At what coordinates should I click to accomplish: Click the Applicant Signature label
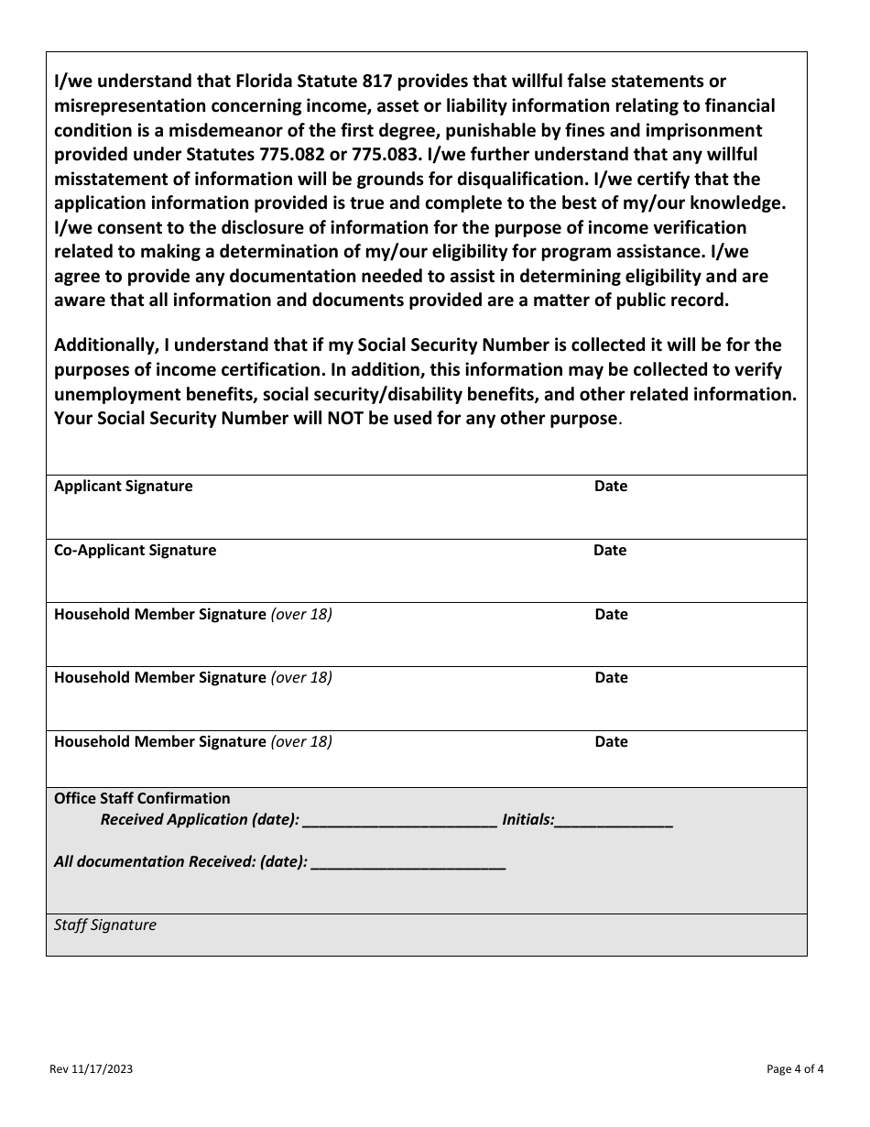click(124, 487)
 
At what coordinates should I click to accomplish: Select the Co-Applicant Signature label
click(136, 551)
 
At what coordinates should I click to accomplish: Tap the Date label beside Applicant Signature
click(611, 487)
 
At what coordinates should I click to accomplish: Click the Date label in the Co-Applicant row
click(610, 551)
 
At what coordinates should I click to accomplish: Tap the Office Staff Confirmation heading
click(142, 799)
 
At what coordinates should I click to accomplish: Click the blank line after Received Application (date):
click(399, 821)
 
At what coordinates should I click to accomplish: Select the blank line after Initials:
click(614, 821)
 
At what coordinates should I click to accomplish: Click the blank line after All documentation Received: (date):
click(408, 862)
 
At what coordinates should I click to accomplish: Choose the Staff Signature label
click(105, 925)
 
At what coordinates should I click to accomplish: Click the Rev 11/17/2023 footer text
click(96, 1069)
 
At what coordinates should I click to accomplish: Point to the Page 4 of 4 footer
click(795, 1069)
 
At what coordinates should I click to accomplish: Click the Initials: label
click(528, 820)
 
